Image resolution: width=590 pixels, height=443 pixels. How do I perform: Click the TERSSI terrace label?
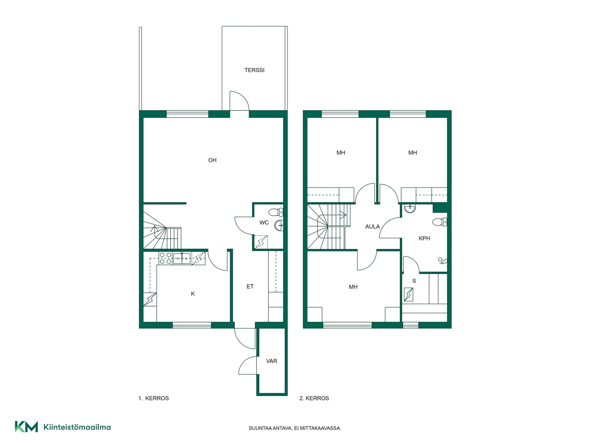(x=254, y=70)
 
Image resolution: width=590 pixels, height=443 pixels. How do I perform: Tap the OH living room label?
(x=212, y=160)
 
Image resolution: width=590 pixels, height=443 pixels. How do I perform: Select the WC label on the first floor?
(x=264, y=223)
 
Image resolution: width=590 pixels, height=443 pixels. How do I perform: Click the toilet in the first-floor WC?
(x=276, y=212)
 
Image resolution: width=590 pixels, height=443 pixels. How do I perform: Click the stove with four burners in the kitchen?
(x=165, y=258)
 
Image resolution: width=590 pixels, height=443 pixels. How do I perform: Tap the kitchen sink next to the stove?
(x=182, y=258)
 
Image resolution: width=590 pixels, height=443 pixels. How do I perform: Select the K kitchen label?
(x=193, y=294)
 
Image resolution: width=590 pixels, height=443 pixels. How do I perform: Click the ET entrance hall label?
(x=250, y=287)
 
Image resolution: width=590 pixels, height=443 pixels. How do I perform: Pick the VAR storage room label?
(x=272, y=361)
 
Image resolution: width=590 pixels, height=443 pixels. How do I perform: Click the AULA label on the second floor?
(x=372, y=227)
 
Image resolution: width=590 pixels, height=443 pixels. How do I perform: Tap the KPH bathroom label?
(x=424, y=238)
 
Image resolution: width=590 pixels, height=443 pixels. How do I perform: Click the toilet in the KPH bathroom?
(x=440, y=222)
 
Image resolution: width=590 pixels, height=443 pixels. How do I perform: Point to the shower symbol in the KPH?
(x=442, y=261)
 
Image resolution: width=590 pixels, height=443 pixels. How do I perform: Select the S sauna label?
(x=414, y=281)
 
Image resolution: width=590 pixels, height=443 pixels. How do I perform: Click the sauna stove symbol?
(x=408, y=294)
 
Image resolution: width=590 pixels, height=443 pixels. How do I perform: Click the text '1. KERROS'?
(x=154, y=398)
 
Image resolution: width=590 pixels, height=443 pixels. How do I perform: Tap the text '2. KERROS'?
(x=314, y=398)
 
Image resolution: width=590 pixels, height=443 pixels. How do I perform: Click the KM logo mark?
(x=26, y=427)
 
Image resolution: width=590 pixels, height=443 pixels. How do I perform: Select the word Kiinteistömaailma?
(x=77, y=427)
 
